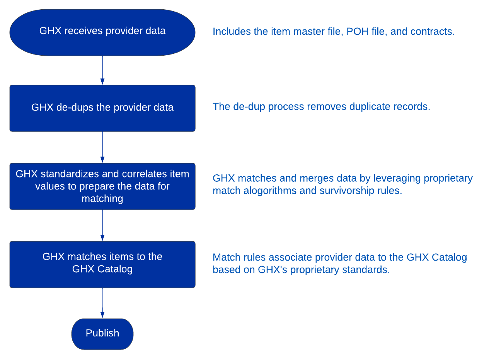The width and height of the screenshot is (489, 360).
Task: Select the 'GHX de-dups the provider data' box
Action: coord(102,108)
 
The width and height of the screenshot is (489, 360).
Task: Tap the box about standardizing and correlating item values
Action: coord(102,186)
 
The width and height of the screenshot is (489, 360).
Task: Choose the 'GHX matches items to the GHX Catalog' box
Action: coord(102,264)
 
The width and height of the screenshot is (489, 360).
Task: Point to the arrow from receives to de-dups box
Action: coord(102,70)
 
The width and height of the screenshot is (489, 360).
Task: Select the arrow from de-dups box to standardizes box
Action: coord(102,147)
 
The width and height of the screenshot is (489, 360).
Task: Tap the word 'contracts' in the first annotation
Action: coord(433,31)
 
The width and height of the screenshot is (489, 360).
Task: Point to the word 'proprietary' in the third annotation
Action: coord(448,178)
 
